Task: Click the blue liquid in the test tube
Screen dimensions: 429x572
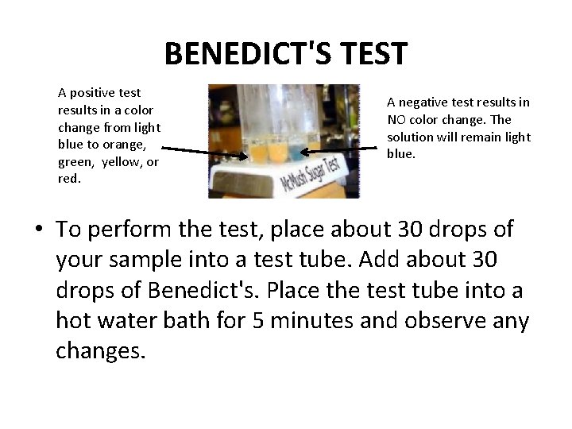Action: [294, 151]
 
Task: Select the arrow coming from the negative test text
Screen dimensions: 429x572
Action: [342, 149]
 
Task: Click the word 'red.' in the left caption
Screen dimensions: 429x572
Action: [70, 179]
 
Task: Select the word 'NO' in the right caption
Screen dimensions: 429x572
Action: [396, 119]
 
